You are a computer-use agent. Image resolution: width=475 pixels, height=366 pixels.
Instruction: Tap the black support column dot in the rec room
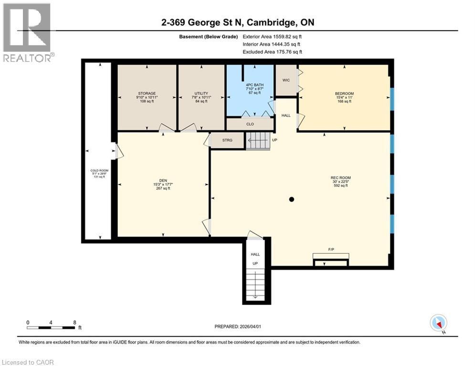[292, 199]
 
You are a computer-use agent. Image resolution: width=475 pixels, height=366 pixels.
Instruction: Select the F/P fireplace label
[330, 249]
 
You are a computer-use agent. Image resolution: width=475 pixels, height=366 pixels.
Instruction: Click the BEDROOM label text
[344, 93]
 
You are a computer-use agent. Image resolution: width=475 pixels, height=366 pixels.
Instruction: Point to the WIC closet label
[286, 80]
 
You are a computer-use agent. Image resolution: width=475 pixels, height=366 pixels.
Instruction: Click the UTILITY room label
[201, 93]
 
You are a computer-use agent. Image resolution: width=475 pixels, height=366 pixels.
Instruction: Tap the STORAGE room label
[147, 93]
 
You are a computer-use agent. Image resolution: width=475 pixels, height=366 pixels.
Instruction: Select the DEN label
[163, 180]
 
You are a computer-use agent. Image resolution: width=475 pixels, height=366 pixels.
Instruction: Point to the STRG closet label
[227, 140]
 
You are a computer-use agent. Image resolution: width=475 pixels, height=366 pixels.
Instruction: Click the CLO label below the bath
[250, 124]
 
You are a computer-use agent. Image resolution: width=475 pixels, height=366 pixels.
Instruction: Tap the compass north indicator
[438, 323]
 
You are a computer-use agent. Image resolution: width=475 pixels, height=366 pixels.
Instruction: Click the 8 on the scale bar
[74, 322]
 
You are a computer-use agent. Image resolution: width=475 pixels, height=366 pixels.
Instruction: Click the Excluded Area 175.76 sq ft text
[272, 52]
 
